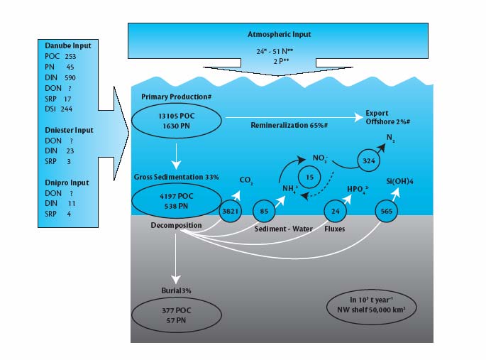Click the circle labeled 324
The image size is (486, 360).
click(x=369, y=160)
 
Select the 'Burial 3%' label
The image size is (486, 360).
click(x=177, y=291)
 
